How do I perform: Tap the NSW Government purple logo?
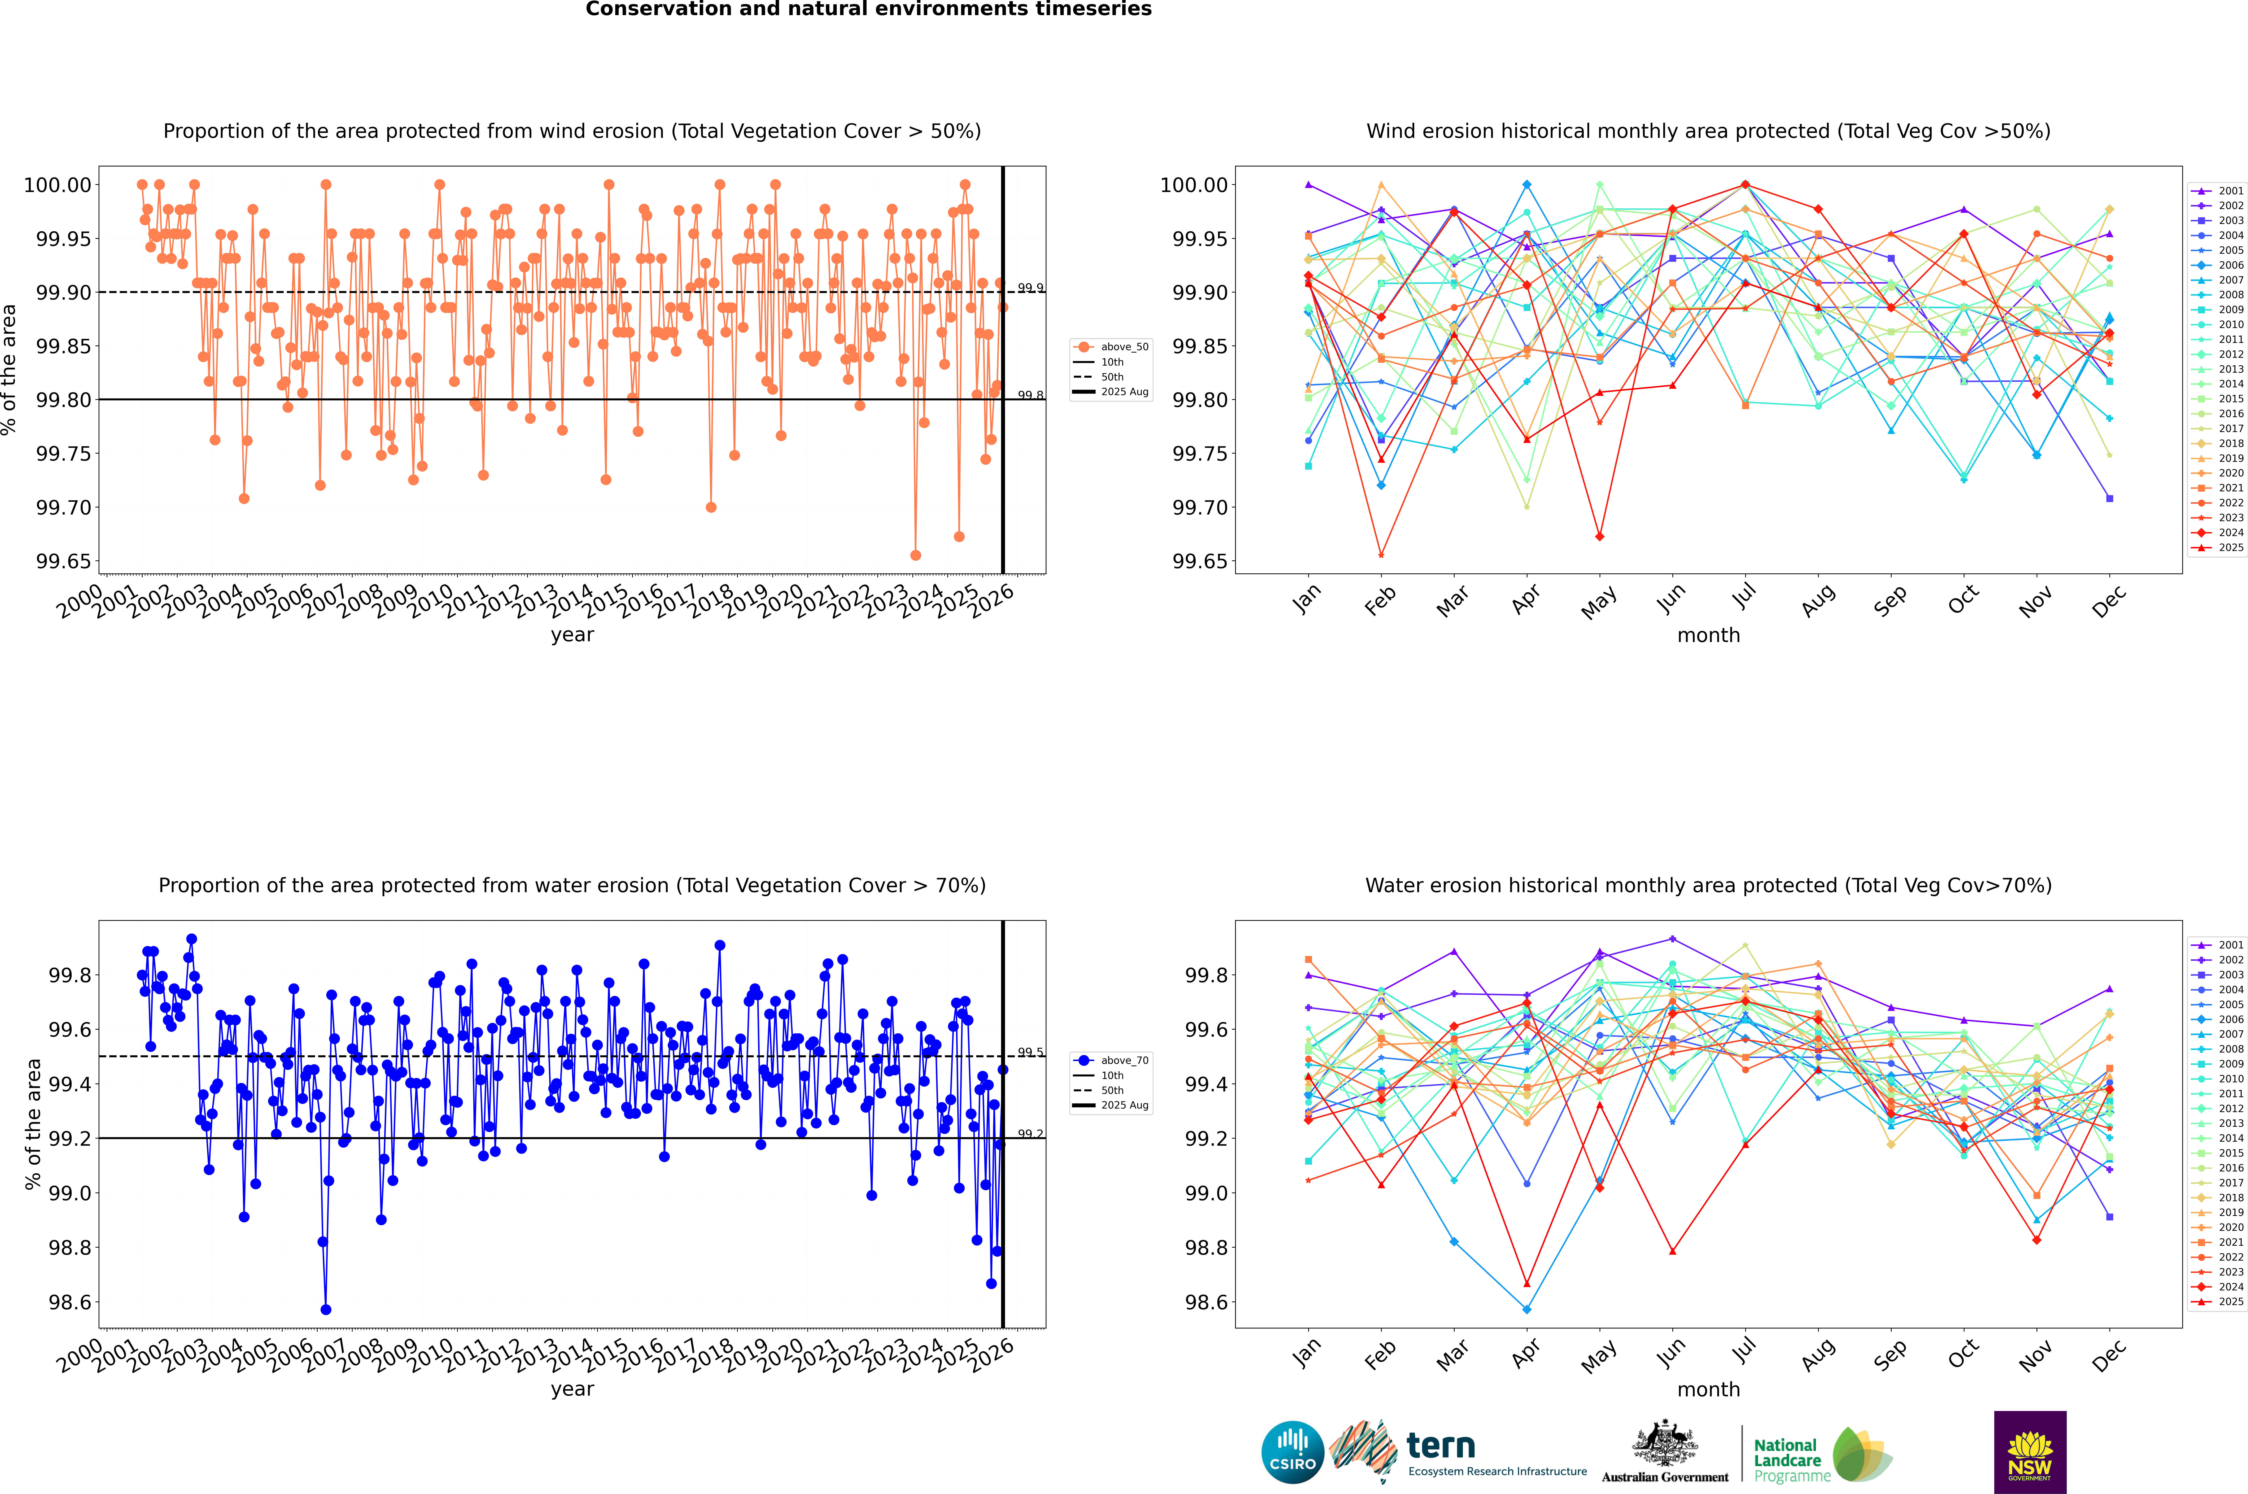tap(2030, 1452)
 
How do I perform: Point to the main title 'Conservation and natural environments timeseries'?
tap(868, 9)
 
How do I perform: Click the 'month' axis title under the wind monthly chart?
tap(1708, 636)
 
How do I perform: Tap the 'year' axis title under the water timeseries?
tap(572, 1389)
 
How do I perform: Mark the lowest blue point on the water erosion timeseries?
tap(326, 1310)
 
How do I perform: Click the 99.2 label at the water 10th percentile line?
tap(1030, 1134)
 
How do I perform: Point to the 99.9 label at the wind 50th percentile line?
tap(1030, 288)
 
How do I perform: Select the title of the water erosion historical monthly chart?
tap(1708, 885)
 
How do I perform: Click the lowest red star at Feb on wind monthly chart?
tap(1381, 555)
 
